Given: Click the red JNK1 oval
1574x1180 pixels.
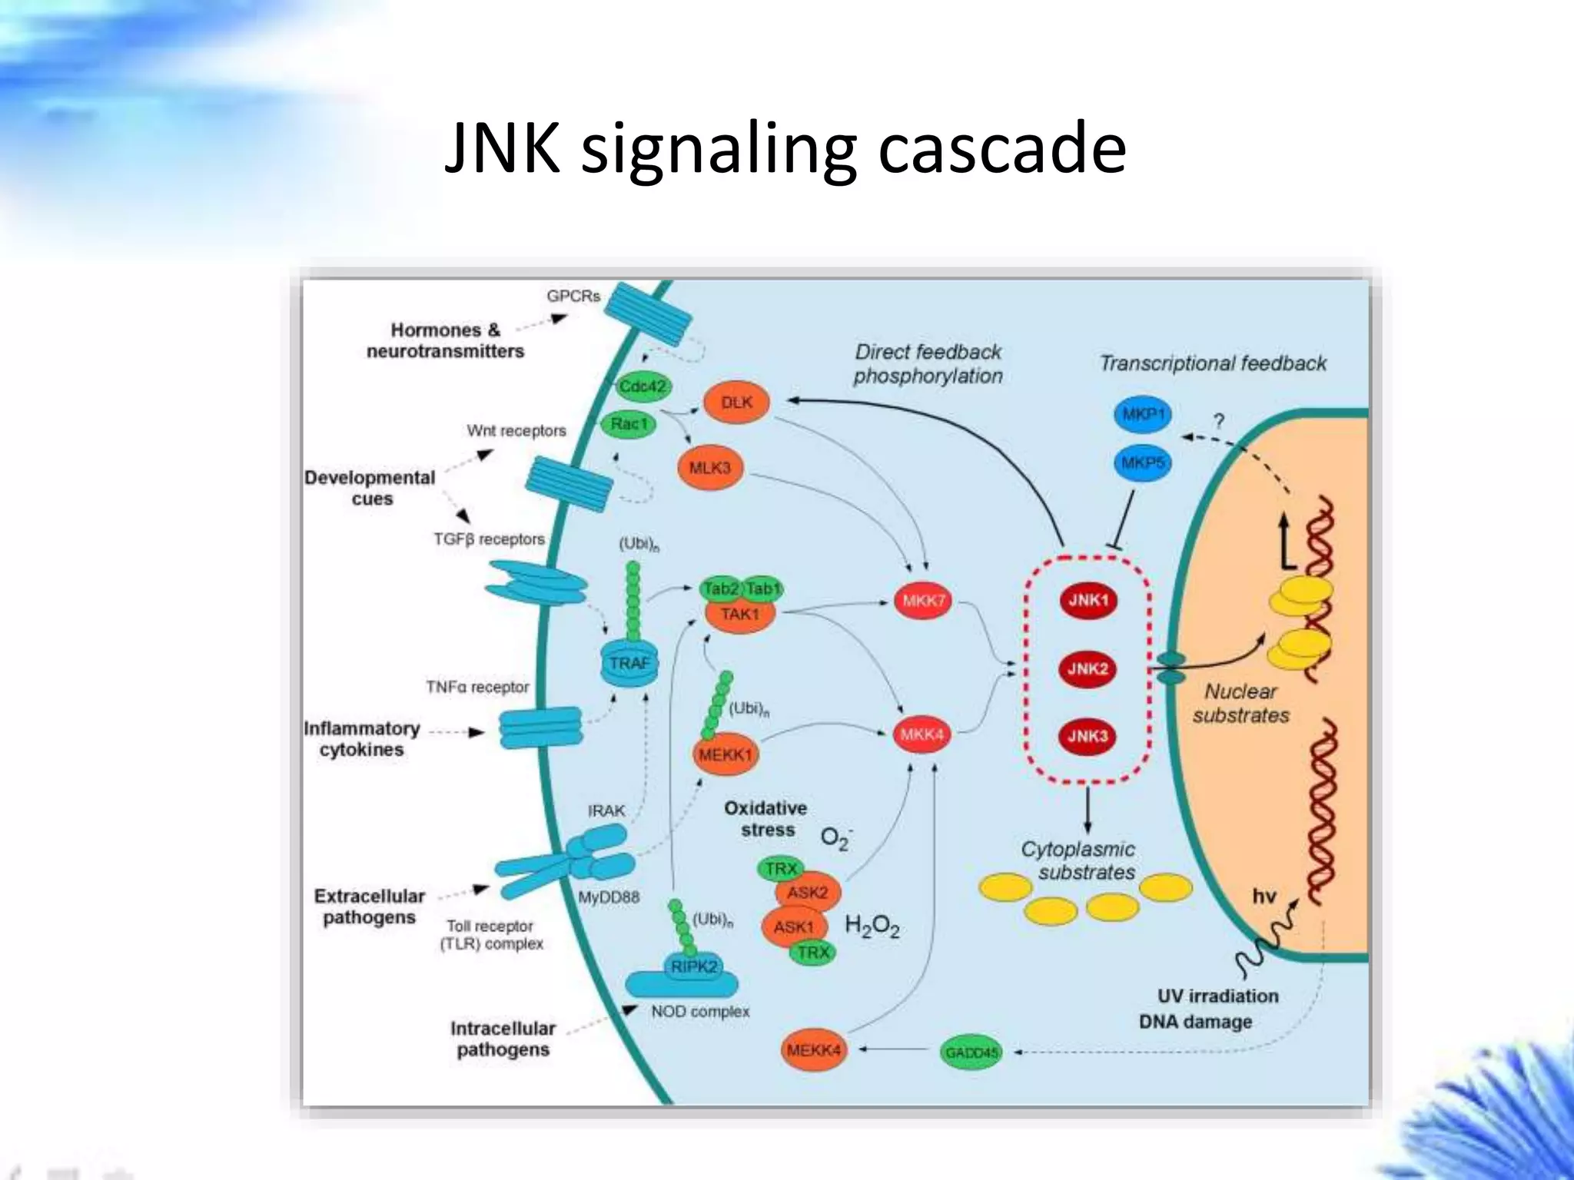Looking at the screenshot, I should point(1088,600).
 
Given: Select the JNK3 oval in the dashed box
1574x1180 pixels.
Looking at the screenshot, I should point(1088,736).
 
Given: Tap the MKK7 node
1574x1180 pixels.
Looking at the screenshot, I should point(923,601).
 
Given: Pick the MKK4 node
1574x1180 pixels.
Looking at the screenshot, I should point(921,734).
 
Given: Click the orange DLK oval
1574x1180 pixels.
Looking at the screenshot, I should point(736,402).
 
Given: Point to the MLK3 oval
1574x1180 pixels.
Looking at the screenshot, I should point(709,467).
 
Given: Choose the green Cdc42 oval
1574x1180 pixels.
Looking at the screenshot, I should point(643,386).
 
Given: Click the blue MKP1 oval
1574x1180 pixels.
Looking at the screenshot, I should point(1143,416).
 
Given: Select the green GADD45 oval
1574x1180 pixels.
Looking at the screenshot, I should point(971,1052).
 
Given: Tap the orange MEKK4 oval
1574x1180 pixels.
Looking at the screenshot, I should point(813,1049).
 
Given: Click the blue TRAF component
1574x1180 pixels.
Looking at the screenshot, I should point(629,664).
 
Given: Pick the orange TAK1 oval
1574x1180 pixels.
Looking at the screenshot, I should point(739,615).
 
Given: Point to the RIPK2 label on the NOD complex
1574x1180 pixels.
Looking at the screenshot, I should point(693,966).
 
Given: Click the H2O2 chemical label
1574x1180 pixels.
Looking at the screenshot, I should point(872,926).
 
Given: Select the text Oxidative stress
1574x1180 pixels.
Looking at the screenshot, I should point(765,819).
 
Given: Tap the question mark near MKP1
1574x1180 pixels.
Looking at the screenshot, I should point(1218,421).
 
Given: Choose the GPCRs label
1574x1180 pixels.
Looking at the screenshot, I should point(573,296).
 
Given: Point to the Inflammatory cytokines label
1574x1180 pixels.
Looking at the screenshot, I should point(361,738).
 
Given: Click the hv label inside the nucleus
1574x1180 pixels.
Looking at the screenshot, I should point(1264,896).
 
